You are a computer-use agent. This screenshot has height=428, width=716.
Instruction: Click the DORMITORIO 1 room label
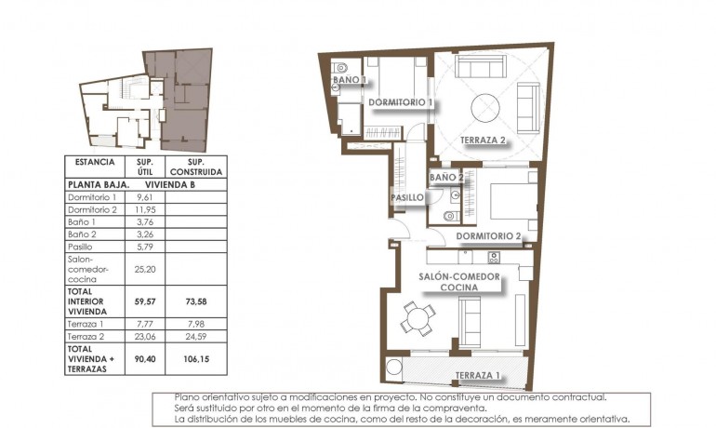pyautogui.click(x=401, y=101)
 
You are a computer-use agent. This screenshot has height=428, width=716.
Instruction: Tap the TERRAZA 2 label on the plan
pyautogui.click(x=484, y=140)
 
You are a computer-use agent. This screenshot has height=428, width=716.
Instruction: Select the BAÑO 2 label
pyautogui.click(x=446, y=177)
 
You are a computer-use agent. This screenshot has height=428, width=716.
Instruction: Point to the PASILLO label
pyautogui.click(x=407, y=197)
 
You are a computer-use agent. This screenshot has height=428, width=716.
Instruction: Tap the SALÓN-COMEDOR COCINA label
pyautogui.click(x=459, y=282)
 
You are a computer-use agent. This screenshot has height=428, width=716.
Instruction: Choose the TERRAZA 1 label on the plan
pyautogui.click(x=478, y=376)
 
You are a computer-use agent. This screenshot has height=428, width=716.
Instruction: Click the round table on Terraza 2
pyautogui.click(x=488, y=109)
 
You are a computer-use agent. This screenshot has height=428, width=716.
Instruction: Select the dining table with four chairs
pyautogui.click(x=418, y=319)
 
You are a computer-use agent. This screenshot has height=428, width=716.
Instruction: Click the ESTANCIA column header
pyautogui.click(x=94, y=162)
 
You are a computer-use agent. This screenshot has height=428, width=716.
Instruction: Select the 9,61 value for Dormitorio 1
pyautogui.click(x=144, y=197)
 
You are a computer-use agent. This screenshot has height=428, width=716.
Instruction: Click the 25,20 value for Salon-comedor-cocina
pyautogui.click(x=144, y=270)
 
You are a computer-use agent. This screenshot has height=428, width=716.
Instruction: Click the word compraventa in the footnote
pyautogui.click(x=456, y=408)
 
